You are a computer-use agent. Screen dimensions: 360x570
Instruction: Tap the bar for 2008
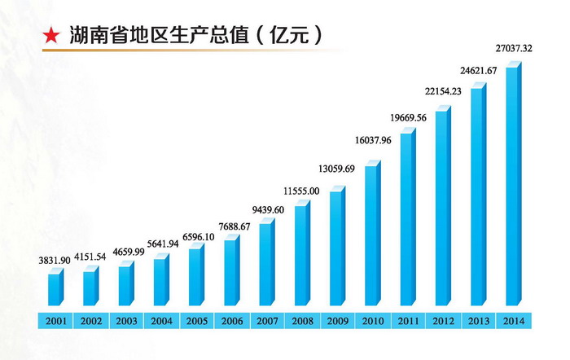[301, 257]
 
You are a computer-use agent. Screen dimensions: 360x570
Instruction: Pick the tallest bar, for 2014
[512, 187]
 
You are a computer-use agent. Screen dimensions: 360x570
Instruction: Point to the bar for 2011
[406, 220]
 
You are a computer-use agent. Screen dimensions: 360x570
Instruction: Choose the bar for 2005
[195, 277]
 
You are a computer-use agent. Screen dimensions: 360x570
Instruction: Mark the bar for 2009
[336, 248]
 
